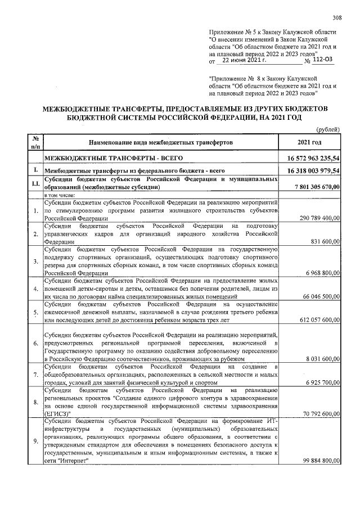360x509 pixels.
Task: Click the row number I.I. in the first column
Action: coord(35,183)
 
